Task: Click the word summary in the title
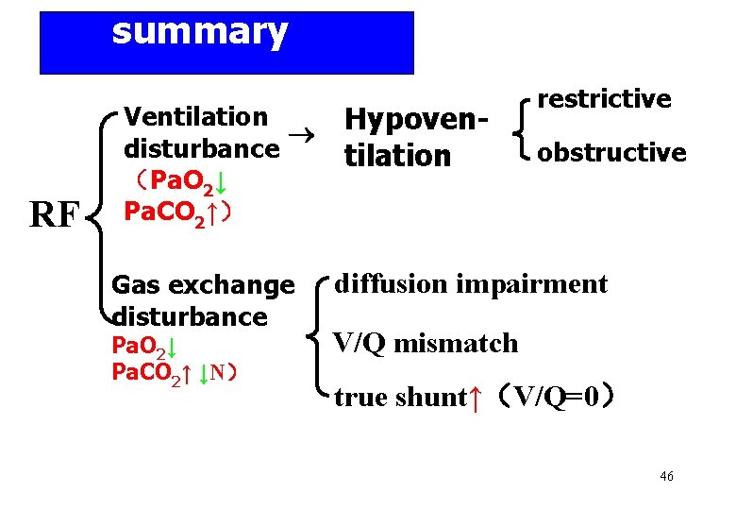(x=199, y=32)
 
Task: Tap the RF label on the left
(x=54, y=216)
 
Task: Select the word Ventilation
(x=196, y=117)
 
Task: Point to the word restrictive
(x=604, y=98)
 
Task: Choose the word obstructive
(x=611, y=152)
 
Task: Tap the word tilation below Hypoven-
(x=398, y=156)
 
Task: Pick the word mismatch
(x=456, y=343)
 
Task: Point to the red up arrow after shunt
(x=477, y=398)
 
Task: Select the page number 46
(x=666, y=477)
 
